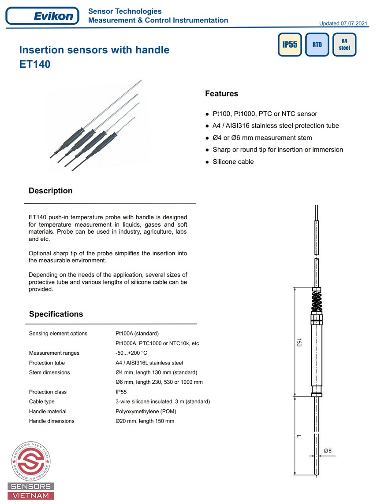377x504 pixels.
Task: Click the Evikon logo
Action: click(42, 16)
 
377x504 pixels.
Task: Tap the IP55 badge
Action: click(290, 45)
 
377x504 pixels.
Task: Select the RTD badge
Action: click(317, 45)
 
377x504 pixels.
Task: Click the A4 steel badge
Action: click(344, 44)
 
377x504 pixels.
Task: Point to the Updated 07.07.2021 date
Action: click(342, 23)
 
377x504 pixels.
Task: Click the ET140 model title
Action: click(35, 64)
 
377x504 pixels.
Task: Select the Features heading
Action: click(221, 94)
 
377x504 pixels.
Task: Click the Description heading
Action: click(50, 191)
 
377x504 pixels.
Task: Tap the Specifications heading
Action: click(56, 314)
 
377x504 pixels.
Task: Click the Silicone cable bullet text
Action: click(233, 162)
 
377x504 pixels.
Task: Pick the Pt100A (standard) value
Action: click(137, 333)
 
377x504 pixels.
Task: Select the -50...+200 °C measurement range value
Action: click(131, 353)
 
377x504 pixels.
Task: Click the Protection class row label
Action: click(48, 392)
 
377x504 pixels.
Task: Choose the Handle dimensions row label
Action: click(52, 421)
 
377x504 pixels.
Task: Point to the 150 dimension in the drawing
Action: click(299, 342)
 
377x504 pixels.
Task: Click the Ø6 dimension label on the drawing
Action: click(328, 450)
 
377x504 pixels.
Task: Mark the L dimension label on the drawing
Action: click(299, 436)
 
